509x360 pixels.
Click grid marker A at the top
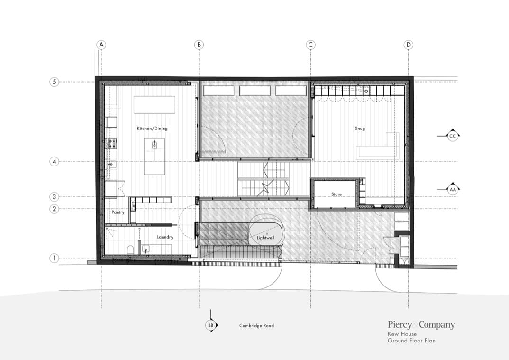[101, 45]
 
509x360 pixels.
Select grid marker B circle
[199, 45]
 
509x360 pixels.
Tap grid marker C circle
[310, 45]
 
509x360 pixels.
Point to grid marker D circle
[409, 45]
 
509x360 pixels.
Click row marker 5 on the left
[54, 82]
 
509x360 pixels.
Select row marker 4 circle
[54, 161]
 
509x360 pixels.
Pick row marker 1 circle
[54, 258]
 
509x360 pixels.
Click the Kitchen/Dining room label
[152, 129]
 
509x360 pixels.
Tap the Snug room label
[360, 129]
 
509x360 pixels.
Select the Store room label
[336, 194]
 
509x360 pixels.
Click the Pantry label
[118, 212]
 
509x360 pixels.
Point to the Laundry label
[165, 237]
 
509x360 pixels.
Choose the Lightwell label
[265, 238]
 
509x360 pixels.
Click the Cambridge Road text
[256, 325]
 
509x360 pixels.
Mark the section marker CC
[452, 136]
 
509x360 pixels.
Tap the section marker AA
[452, 189]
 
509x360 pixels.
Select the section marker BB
[211, 325]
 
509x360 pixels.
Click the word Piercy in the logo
[400, 324]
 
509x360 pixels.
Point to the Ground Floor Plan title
[411, 341]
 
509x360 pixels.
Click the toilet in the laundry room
[130, 250]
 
